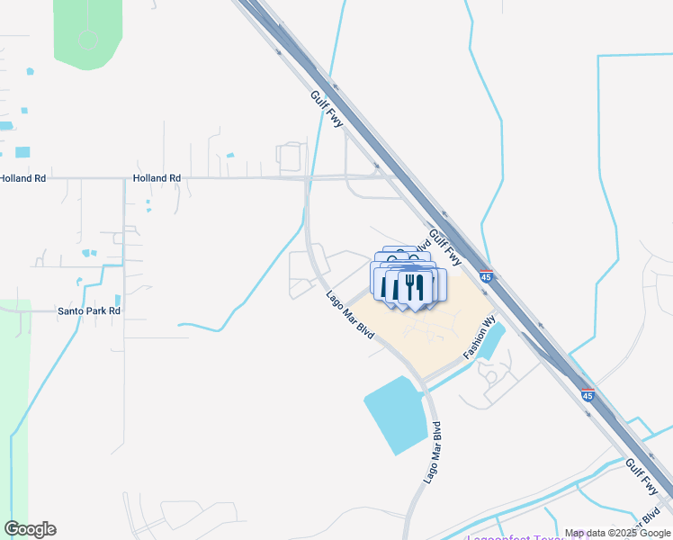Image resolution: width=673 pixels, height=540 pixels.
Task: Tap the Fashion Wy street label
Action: click(x=480, y=337)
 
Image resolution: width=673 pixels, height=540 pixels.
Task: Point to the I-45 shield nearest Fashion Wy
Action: click(x=486, y=277)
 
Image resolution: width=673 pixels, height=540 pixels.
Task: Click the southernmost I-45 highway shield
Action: click(x=588, y=395)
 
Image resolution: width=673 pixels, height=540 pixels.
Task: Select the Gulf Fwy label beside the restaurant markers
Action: click(x=445, y=246)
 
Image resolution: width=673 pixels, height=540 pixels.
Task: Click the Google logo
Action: click(x=30, y=529)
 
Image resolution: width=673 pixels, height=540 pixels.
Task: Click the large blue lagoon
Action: click(x=397, y=415)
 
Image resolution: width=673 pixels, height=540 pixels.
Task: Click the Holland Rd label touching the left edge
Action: click(x=22, y=178)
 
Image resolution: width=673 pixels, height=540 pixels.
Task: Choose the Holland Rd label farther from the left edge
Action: click(x=157, y=178)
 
